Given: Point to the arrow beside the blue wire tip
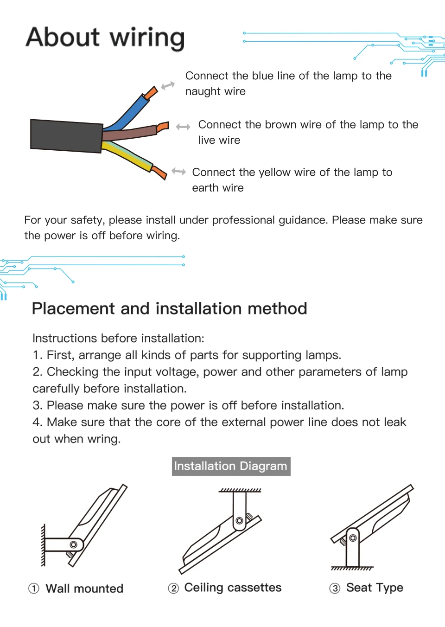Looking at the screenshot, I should (x=168, y=86).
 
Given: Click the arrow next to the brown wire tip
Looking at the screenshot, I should (x=183, y=127).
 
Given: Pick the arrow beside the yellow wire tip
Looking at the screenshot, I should (x=178, y=172).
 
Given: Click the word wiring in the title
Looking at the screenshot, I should (x=147, y=38).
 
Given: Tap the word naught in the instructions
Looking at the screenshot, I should (x=202, y=91).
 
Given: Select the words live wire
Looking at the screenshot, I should (x=219, y=140).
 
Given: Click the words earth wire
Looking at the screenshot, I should (x=218, y=188).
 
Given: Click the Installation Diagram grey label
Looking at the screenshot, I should (x=231, y=466).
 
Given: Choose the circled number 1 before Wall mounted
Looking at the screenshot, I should (x=34, y=589).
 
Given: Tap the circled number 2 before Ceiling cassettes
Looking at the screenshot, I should (x=173, y=589).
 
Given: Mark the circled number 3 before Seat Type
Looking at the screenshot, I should (x=335, y=589).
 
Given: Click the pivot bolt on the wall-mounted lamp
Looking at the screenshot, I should (x=73, y=544).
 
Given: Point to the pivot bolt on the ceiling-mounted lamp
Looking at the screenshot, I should (x=239, y=521).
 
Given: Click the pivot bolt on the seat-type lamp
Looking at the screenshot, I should (x=353, y=538).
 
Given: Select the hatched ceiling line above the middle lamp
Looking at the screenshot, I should (x=240, y=490).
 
